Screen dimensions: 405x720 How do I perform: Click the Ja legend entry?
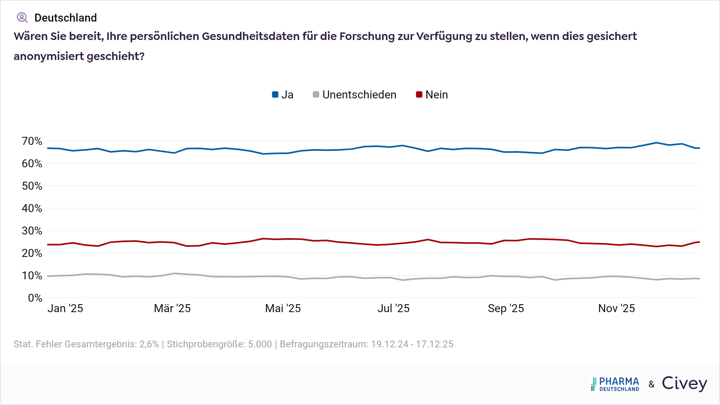point(283,95)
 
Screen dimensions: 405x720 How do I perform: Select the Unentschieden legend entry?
point(354,95)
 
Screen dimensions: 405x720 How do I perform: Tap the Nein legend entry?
point(432,95)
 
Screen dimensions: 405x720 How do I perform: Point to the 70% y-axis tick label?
point(32,141)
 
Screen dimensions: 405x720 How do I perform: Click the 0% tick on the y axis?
point(35,298)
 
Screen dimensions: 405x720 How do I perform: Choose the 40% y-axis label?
point(32,209)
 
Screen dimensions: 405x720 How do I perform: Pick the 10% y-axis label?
point(32,276)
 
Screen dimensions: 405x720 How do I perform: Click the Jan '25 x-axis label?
point(65,309)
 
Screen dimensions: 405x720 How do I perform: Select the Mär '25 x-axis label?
point(172,309)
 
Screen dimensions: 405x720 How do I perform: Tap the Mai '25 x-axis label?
point(283,309)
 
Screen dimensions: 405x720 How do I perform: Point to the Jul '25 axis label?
point(394,309)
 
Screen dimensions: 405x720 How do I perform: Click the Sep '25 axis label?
point(506,309)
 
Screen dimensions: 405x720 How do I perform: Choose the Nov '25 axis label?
point(616,309)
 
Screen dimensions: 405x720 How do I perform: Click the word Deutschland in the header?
point(66,18)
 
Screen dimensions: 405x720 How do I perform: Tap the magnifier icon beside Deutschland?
point(22,18)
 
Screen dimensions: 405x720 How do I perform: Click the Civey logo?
point(684,383)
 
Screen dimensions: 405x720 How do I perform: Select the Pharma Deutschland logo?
point(615,384)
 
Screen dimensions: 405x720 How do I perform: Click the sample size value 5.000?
point(260,344)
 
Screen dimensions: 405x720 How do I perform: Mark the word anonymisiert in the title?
point(48,56)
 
